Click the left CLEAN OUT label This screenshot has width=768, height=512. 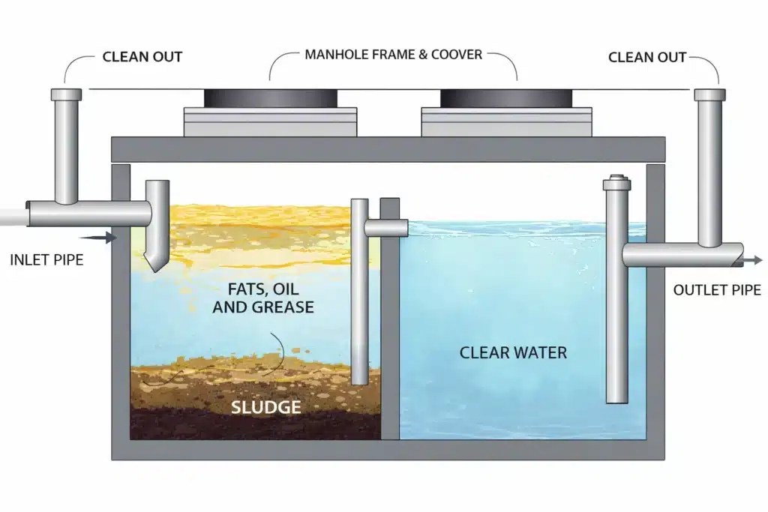142,57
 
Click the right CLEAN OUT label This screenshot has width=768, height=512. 647,57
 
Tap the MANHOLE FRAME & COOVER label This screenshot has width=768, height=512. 393,54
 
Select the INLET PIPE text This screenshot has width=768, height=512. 46,259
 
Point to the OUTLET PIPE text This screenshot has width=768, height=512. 717,290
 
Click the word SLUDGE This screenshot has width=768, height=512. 266,407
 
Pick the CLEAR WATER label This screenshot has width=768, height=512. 513,352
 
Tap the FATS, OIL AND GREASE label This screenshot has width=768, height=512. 263,298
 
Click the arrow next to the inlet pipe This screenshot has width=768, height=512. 97,238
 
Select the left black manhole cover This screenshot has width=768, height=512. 270,98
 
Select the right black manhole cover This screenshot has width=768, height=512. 506,98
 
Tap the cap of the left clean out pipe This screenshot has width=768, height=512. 66,94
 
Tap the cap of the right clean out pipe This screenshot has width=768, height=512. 709,94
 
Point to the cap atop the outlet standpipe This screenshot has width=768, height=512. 617,183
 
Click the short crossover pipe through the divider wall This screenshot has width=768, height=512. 386,227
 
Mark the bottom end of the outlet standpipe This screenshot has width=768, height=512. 617,400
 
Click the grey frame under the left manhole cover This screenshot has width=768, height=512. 270,122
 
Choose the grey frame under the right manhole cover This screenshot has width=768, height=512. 506,122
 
